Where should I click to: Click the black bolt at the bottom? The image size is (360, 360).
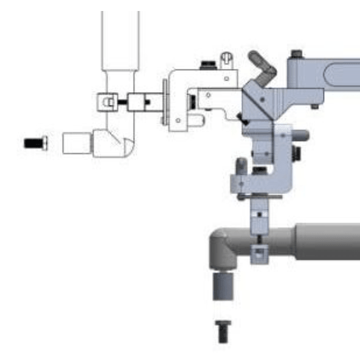(223, 331)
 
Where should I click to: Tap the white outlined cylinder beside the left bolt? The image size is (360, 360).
(76, 144)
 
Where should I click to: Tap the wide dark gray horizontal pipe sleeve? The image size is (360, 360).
(326, 242)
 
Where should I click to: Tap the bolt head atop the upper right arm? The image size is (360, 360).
(297, 54)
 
